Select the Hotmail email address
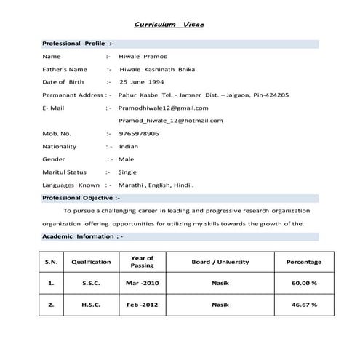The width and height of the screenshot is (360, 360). [170, 121]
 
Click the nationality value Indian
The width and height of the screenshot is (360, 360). [128, 146]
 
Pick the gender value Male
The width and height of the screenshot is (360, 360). [126, 159]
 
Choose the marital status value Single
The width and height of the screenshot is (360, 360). [127, 172]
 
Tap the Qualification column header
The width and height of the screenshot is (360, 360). [91, 262]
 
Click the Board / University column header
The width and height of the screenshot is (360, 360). [220, 262]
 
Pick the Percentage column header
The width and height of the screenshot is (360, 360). [304, 262]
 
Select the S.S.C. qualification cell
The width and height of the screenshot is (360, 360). [91, 283]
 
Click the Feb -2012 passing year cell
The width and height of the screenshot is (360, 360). [142, 305]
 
